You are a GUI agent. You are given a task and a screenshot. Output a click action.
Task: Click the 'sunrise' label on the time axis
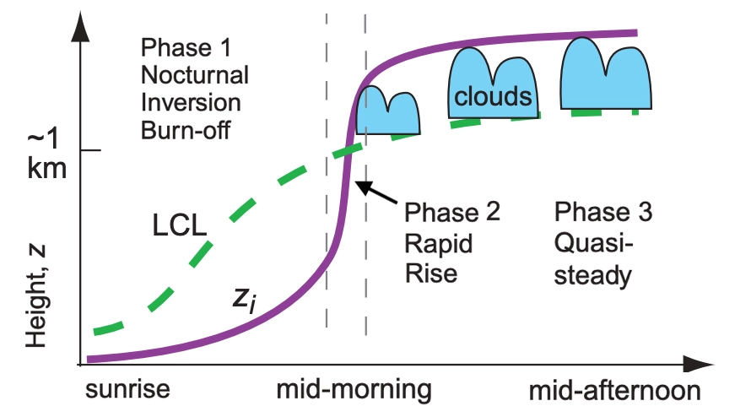click(x=127, y=389)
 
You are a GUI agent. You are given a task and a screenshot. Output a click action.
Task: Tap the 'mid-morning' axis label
click(x=354, y=390)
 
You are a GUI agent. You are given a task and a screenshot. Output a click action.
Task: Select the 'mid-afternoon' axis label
click(x=614, y=391)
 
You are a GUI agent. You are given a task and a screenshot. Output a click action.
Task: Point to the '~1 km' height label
click(x=46, y=154)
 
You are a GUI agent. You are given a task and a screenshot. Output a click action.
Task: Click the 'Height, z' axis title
click(x=36, y=295)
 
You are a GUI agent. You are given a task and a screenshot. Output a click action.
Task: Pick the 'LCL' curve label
click(x=179, y=225)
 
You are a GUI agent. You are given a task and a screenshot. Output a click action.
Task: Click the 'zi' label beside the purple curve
click(x=244, y=299)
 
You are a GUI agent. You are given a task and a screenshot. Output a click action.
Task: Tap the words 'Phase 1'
click(x=186, y=47)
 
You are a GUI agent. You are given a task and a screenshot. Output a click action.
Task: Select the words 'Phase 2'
click(x=452, y=212)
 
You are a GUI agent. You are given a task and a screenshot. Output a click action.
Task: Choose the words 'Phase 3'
click(x=603, y=212)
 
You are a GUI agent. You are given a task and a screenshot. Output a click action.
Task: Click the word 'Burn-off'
click(x=186, y=130)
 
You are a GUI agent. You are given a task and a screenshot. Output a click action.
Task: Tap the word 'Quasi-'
click(x=593, y=243)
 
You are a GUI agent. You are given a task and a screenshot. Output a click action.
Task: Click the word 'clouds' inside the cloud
click(x=493, y=97)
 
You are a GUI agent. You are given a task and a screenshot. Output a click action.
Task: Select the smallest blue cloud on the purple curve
click(x=388, y=111)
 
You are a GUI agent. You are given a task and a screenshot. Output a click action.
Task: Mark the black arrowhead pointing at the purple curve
click(x=364, y=187)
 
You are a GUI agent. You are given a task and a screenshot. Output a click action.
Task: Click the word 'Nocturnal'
click(x=194, y=75)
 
